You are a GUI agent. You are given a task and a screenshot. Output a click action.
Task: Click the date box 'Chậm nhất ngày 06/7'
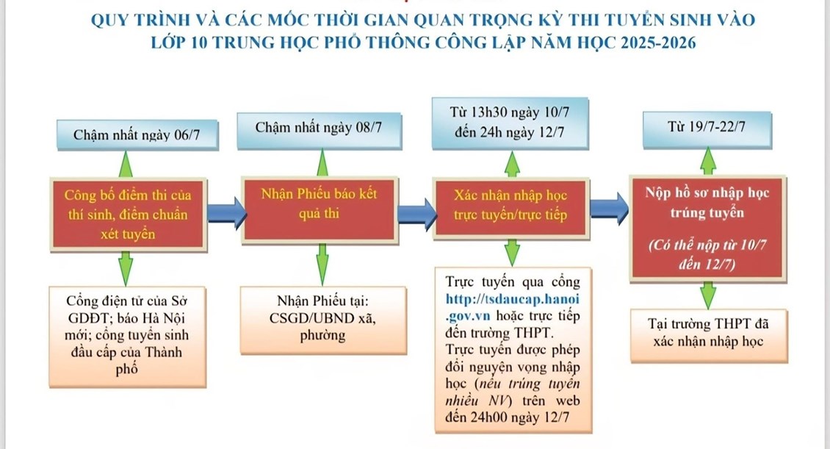point(126,136)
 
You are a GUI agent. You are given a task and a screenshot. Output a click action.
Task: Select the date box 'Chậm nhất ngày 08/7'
point(319,129)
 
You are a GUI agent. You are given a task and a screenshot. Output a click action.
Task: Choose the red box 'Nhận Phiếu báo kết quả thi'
point(319,205)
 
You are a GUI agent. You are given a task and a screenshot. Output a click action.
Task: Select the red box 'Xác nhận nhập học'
point(511,205)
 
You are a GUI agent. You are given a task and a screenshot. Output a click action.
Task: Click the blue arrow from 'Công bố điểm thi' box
point(224,212)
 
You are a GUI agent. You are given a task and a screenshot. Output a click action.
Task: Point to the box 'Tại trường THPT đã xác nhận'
point(707,332)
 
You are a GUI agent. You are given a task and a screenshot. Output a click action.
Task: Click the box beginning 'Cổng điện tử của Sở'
point(126,334)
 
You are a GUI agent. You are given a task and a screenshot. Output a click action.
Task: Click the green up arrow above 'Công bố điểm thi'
point(126,162)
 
